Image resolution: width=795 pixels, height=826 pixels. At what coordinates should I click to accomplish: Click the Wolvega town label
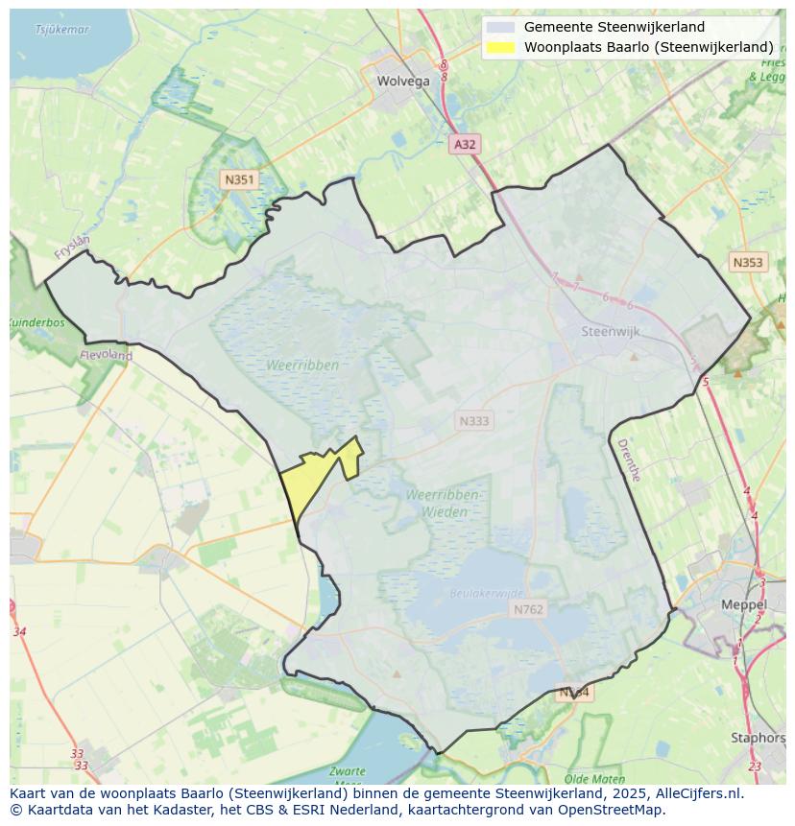point(403,82)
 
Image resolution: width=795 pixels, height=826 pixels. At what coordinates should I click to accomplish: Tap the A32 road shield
point(465,144)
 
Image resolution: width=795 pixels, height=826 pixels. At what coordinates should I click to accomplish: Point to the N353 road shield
point(748,262)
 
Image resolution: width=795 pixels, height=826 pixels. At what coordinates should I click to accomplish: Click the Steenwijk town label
point(611,332)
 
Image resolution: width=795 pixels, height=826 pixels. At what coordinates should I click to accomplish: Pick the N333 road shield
point(473,420)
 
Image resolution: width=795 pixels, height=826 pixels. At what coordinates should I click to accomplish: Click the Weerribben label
point(303,366)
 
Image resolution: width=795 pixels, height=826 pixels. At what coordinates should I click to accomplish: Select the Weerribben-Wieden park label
point(443,504)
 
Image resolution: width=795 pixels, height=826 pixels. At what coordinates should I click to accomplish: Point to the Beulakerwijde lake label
point(488,594)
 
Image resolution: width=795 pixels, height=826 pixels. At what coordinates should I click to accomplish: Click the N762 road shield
point(528,609)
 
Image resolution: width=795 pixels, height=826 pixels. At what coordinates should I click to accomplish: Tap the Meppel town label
point(744,605)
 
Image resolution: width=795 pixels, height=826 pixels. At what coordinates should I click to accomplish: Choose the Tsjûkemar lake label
point(61,30)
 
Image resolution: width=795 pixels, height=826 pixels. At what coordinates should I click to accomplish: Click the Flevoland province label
point(108,355)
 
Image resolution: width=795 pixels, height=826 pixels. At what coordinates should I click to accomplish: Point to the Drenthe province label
point(628,460)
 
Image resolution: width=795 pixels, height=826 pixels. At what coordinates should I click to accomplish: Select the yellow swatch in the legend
point(500,47)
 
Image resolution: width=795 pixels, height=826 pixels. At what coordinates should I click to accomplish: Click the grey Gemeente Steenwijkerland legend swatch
point(500,28)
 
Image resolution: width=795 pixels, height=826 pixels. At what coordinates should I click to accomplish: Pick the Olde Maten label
point(594,779)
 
